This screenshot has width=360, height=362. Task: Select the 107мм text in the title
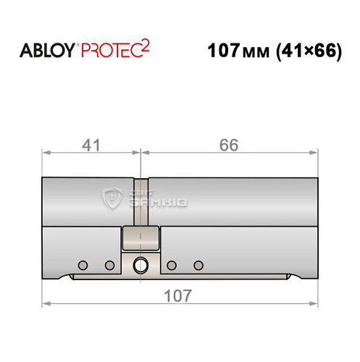237,52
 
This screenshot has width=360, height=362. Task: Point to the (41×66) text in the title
305,52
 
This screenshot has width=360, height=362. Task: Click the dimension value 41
91,145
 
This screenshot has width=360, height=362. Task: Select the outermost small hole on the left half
83,265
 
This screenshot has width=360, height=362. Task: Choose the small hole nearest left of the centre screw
110,265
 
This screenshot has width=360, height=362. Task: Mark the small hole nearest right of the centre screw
171,265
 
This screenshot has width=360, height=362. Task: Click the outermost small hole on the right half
198,265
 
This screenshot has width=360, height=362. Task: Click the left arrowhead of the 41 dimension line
46,153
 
